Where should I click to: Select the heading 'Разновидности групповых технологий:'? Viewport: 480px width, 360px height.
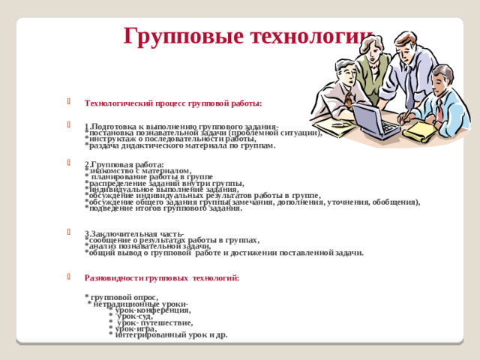(162, 277)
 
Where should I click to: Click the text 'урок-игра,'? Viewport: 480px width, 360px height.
(136, 328)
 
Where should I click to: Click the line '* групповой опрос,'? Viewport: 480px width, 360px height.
(122, 297)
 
